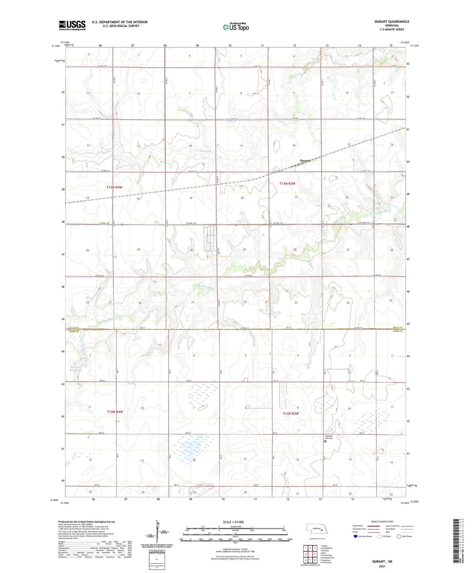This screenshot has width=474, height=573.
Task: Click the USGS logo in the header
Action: pyautogui.click(x=72, y=25)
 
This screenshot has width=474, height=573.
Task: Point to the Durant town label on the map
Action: pyautogui.click(x=305, y=160)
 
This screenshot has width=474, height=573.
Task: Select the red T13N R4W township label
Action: pyautogui.click(x=114, y=187)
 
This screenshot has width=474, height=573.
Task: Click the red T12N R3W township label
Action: pyautogui.click(x=291, y=414)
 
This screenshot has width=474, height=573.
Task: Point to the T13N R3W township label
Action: pyautogui.click(x=287, y=183)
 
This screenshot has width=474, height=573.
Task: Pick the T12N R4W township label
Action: pyautogui.click(x=115, y=412)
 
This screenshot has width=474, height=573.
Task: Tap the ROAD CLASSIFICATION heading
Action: pyautogui.click(x=382, y=521)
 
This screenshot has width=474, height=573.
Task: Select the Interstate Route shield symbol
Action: pyautogui.click(x=356, y=536)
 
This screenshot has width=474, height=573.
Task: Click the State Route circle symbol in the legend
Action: pyautogui.click(x=399, y=536)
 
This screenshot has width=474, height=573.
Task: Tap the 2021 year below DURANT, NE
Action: pyautogui.click(x=382, y=566)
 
